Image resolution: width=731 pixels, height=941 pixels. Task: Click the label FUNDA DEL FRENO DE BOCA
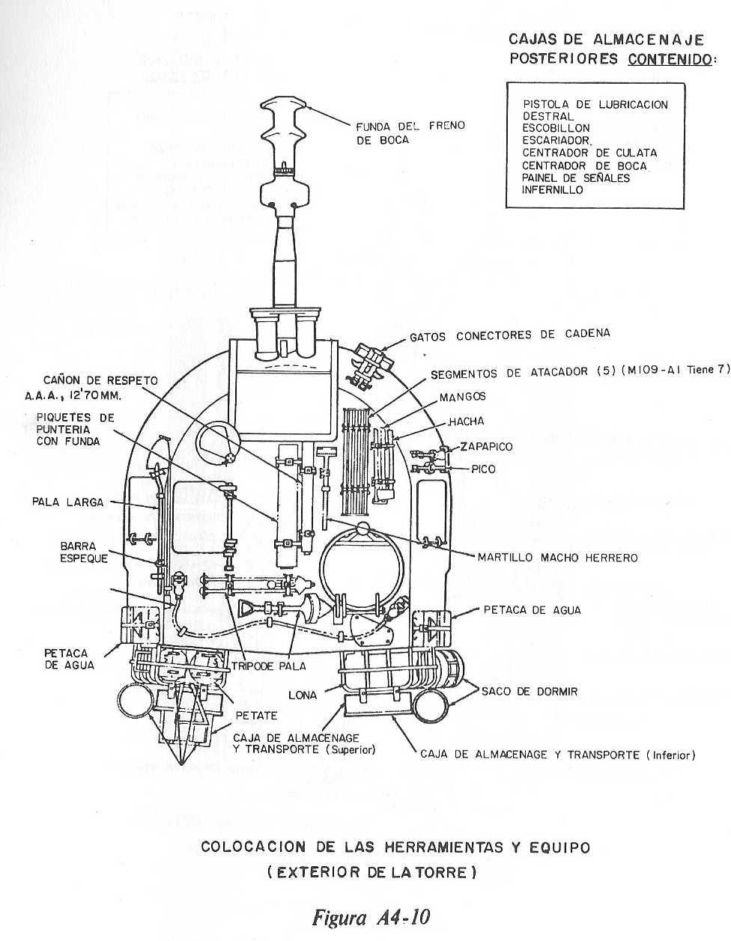pyautogui.click(x=410, y=132)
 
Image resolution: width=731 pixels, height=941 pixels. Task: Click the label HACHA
pyautogui.click(x=466, y=422)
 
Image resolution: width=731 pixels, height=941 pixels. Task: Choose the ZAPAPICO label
pyautogui.click(x=486, y=447)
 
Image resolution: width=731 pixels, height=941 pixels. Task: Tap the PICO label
pyautogui.click(x=482, y=470)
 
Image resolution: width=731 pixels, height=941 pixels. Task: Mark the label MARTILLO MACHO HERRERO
pyautogui.click(x=557, y=557)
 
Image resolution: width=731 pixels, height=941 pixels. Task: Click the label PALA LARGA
pyautogui.click(x=67, y=502)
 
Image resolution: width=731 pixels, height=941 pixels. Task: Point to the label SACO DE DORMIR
pyautogui.click(x=529, y=692)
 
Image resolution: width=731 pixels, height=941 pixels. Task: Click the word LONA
pyautogui.click(x=303, y=695)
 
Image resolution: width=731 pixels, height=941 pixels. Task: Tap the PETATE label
pyautogui.click(x=257, y=715)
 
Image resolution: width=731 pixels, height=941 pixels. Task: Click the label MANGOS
pyautogui.click(x=463, y=397)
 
